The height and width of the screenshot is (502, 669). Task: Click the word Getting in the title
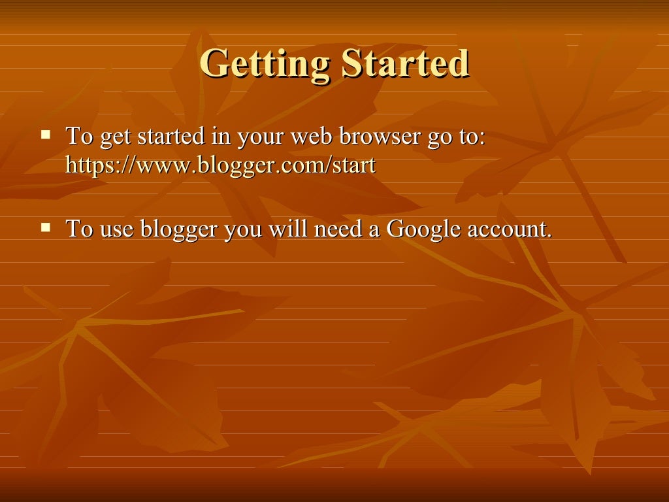pos(265,64)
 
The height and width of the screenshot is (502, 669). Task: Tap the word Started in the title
pos(405,64)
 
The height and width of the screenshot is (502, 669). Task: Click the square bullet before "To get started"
pos(46,135)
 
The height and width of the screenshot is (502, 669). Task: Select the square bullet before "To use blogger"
pos(46,227)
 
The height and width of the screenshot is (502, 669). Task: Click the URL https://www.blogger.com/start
pos(221,165)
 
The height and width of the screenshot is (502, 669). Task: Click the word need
pos(339,230)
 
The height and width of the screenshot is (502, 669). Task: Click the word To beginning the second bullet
pos(80,229)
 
